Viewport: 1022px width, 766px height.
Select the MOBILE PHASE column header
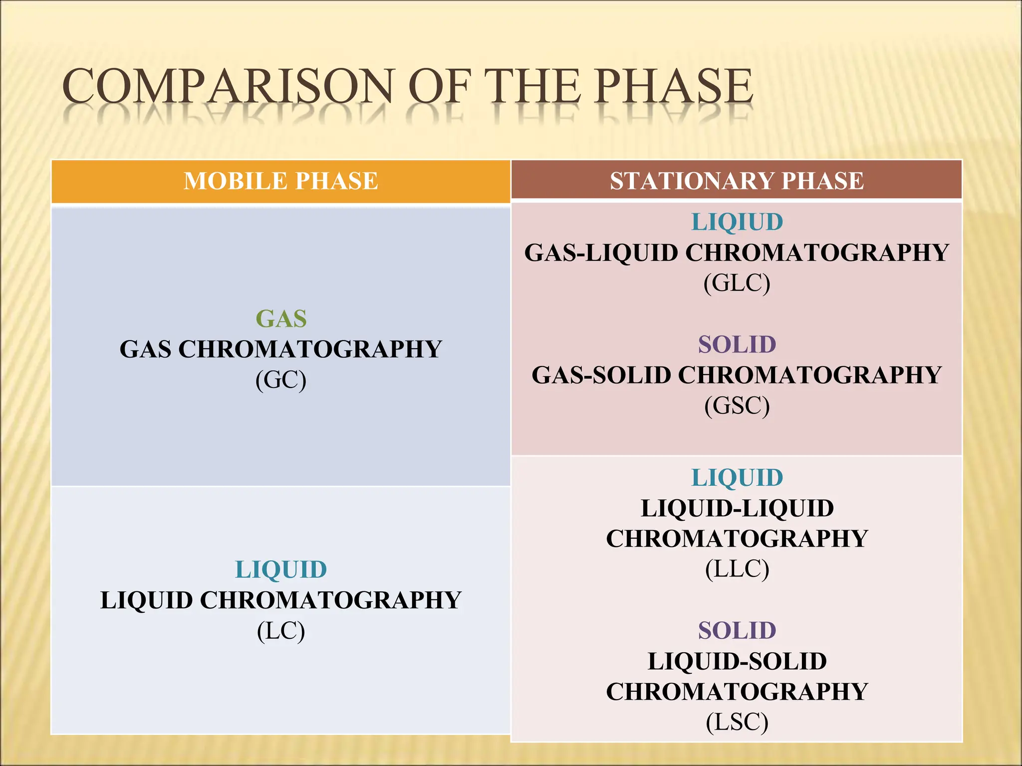(281, 181)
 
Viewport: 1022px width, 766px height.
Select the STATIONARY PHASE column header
(737, 181)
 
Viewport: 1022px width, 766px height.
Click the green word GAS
(281, 319)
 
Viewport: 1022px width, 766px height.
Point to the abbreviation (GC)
(281, 380)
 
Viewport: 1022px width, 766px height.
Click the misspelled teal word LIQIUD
(737, 222)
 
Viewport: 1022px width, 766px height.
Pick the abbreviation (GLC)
(737, 283)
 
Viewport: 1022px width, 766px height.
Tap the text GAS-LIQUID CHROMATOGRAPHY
(737, 253)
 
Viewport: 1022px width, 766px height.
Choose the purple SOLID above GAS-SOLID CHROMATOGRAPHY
(737, 345)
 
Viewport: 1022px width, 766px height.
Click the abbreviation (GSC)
(737, 406)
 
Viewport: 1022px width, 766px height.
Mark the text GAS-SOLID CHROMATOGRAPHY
(737, 375)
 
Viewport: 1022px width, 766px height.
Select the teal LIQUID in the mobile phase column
(281, 570)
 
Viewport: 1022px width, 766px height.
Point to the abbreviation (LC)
(281, 631)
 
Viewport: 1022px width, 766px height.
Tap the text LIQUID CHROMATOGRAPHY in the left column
(281, 600)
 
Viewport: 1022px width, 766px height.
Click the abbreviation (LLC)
(737, 569)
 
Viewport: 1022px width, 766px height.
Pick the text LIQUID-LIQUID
(737, 508)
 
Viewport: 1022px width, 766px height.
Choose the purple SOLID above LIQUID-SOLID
(737, 630)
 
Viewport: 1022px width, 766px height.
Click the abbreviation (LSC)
(737, 722)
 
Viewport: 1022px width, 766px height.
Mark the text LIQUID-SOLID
(737, 661)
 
